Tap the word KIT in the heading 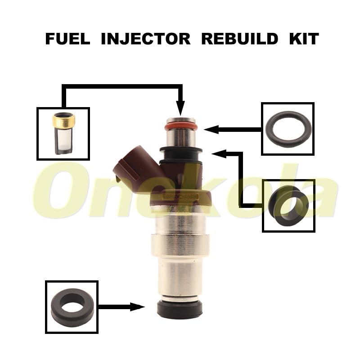click(304, 39)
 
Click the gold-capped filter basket click(63, 133)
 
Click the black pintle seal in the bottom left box click(72, 307)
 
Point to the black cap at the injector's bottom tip click(180, 310)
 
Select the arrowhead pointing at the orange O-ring click(211, 130)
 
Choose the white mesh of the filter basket click(63, 140)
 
